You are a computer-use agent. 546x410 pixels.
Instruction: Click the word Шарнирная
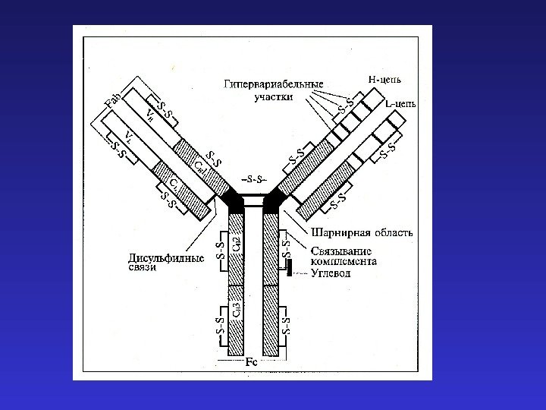tap(337, 233)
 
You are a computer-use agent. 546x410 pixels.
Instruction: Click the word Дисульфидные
tap(165, 258)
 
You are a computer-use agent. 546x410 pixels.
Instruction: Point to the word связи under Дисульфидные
tap(142, 269)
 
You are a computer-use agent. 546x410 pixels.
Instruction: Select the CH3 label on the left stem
tap(237, 307)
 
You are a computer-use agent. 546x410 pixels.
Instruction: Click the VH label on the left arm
tap(152, 115)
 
